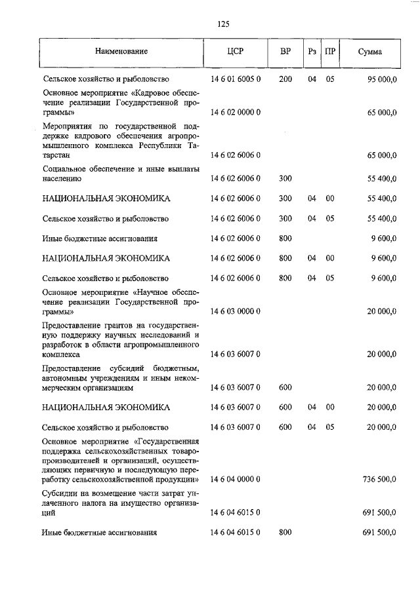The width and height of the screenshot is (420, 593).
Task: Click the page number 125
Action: pos(222,24)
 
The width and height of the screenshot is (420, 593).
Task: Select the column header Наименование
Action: pos(121,52)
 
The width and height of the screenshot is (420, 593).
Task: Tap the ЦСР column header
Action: pos(235,52)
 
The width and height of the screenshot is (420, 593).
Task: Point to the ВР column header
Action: pos(285,52)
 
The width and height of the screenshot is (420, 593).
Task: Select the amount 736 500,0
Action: pos(379,480)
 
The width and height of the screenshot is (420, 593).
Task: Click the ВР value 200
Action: pos(285,79)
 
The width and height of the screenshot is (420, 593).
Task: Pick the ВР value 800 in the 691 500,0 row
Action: pos(285,533)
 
